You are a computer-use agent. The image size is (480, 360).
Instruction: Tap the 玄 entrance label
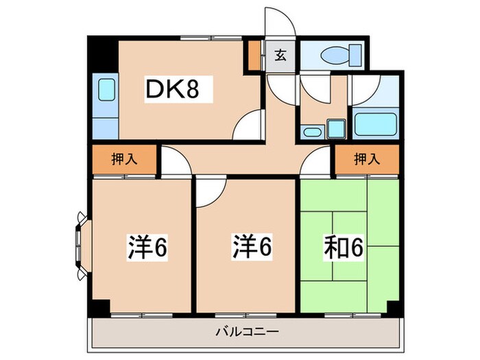(280, 56)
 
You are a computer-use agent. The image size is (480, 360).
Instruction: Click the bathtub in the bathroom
(375, 123)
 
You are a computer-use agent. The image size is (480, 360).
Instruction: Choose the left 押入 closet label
(124, 159)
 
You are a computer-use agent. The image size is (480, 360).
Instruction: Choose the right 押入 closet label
(367, 159)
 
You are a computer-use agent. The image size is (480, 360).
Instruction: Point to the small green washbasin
(335, 128)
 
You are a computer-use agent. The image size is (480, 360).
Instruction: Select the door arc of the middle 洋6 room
(211, 193)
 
